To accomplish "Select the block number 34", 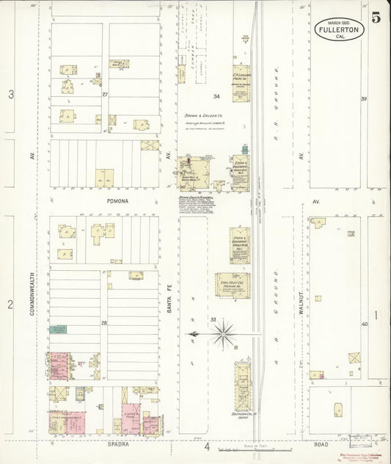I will click(216, 97).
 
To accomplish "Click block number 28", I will click(104, 323).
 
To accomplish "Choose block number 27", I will click(105, 94).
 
